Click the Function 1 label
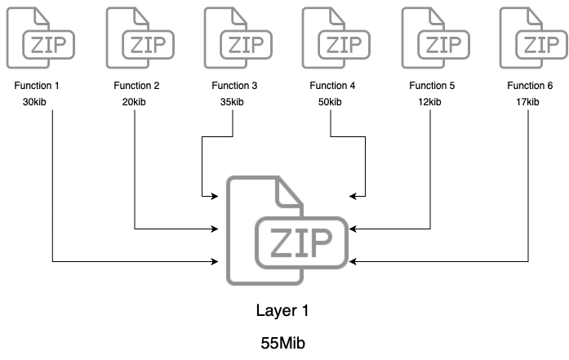tap(36, 86)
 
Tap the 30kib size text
tap(36, 102)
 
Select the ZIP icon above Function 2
tap(136, 37)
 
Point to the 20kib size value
tap(135, 102)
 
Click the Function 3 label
tap(233, 86)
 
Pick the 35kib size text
tap(233, 102)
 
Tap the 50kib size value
tap(331, 102)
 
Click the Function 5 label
tap(430, 86)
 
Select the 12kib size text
tap(430, 102)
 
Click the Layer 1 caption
tap(283, 311)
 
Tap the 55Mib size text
tap(283, 344)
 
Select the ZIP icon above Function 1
tap(37, 37)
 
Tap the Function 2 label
tap(135, 86)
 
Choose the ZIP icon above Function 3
tap(234, 37)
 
